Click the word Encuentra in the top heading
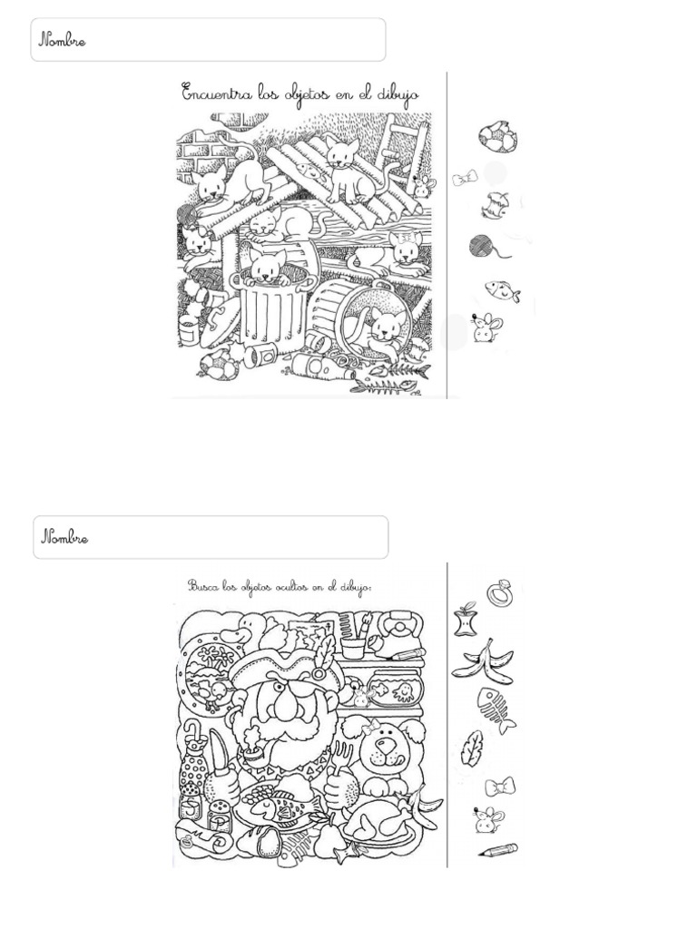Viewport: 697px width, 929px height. coord(216,93)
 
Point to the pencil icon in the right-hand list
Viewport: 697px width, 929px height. coord(498,851)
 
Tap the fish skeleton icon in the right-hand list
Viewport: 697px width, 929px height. coord(496,710)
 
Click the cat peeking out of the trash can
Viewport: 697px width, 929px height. coord(267,265)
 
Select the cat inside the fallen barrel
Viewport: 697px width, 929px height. coord(382,333)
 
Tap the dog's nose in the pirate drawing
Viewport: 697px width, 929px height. coord(385,744)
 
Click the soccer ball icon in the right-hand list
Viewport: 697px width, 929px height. coord(498,138)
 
